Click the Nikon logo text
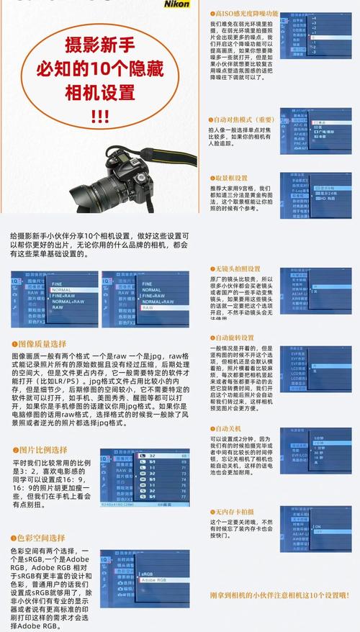[179, 4]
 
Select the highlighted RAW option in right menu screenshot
[148, 307]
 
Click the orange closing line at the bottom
[279, 595]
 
